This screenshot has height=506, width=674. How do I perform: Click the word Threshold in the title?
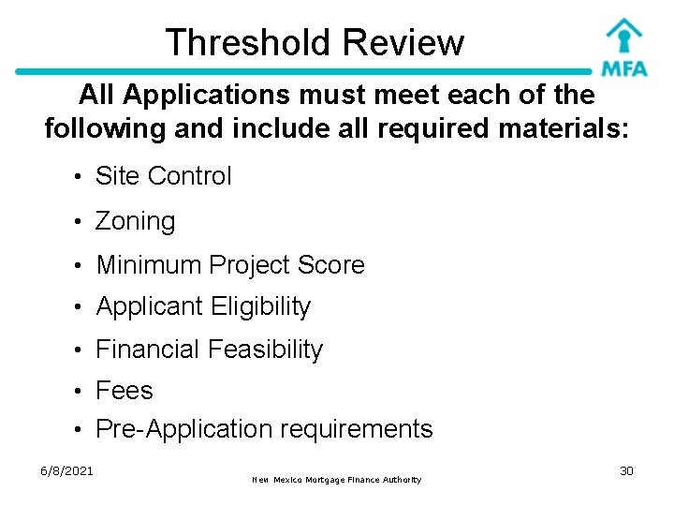click(248, 42)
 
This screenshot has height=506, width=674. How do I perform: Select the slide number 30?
click(626, 470)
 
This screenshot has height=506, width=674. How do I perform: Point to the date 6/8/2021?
click(66, 470)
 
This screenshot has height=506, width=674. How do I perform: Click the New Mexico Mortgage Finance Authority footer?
click(337, 480)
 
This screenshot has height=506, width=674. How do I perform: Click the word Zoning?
click(136, 221)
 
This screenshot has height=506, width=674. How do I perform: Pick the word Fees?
click(125, 390)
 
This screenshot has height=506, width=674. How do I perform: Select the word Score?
click(330, 265)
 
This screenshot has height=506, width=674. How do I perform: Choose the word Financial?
click(148, 350)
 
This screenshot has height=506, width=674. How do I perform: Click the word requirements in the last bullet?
click(357, 430)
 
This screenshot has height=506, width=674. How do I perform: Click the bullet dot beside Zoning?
click(83, 223)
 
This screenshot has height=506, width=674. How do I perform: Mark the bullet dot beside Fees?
click(83, 392)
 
